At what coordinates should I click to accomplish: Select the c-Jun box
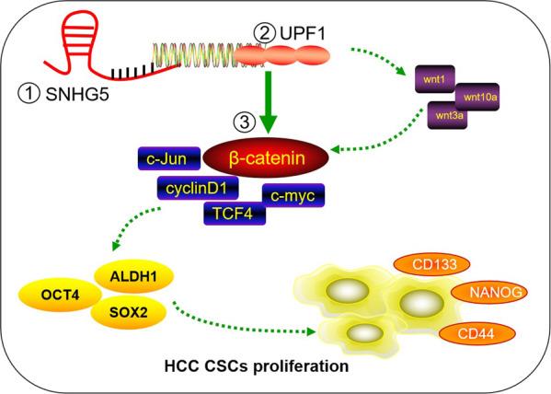[x=168, y=159]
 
